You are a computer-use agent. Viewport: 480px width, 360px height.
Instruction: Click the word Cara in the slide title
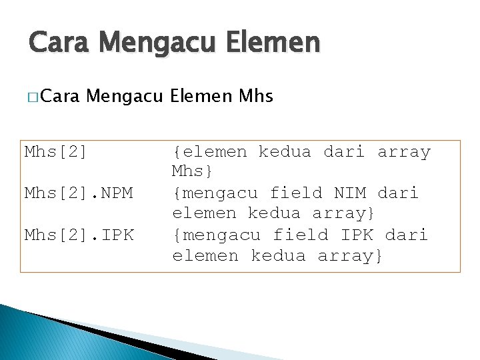coord(59,43)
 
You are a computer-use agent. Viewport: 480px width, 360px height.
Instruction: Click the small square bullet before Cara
coord(33,97)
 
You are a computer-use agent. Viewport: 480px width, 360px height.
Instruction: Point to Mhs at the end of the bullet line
coord(255,97)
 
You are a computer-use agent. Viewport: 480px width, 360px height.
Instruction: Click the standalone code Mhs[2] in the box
coord(56,152)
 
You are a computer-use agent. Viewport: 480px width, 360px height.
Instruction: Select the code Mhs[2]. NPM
coord(79,193)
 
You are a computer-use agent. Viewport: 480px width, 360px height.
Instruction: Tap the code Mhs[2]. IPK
coord(79,235)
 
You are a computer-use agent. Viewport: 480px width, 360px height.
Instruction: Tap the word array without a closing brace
coord(404,152)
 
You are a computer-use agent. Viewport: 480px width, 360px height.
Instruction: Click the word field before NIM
coord(297,193)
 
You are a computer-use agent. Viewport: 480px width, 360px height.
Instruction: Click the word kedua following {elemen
coord(285,152)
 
